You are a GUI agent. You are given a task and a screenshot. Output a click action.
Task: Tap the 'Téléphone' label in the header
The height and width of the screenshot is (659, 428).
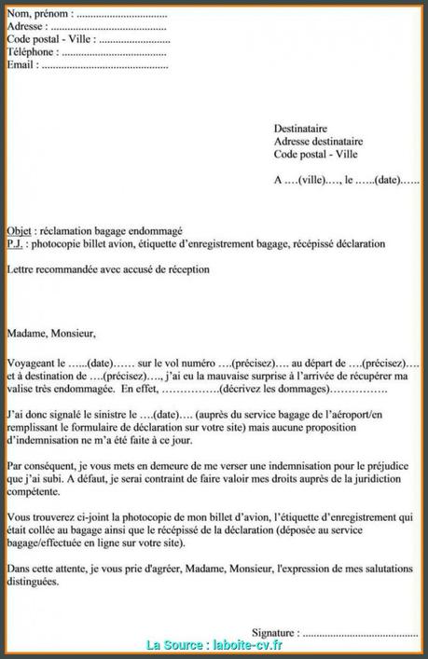(x=32, y=53)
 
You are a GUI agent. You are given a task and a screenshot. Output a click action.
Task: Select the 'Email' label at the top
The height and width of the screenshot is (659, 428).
(x=22, y=66)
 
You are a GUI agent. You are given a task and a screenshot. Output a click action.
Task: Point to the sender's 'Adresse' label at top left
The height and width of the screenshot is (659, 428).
(x=26, y=28)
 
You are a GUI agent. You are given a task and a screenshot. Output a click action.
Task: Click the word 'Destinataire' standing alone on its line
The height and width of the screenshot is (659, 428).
(x=300, y=128)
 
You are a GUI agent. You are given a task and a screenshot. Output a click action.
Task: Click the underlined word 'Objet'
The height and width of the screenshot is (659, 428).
(x=18, y=230)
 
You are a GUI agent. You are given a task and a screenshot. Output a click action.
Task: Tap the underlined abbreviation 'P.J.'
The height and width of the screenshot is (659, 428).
(x=15, y=243)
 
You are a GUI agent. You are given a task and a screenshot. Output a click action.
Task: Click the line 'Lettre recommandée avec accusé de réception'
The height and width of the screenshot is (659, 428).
(x=108, y=269)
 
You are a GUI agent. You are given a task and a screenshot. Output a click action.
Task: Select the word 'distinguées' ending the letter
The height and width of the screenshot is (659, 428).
(x=32, y=581)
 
